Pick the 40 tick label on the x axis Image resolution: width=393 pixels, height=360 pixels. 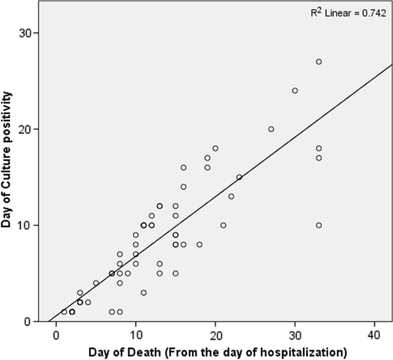pyautogui.click(x=375, y=332)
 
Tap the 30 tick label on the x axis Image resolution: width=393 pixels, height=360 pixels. pyautogui.click(x=295, y=332)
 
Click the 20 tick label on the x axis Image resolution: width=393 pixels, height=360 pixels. pyautogui.click(x=215, y=332)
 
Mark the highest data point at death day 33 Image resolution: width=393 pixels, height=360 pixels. pyautogui.click(x=318, y=62)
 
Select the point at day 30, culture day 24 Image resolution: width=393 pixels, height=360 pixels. pyautogui.click(x=295, y=91)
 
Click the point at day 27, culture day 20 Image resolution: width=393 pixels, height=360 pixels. pyautogui.click(x=271, y=129)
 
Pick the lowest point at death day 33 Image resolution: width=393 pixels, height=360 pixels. pyautogui.click(x=318, y=225)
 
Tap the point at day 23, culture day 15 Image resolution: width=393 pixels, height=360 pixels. pyautogui.click(x=239, y=177)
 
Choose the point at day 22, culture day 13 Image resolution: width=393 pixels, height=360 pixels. pyautogui.click(x=231, y=197)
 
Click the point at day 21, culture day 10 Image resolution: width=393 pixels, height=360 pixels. pyautogui.click(x=223, y=225)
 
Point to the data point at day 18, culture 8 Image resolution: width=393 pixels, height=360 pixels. pyautogui.click(x=199, y=244)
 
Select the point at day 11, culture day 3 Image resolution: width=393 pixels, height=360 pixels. pyautogui.click(x=143, y=292)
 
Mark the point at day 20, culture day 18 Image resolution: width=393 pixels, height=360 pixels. pyautogui.click(x=215, y=148)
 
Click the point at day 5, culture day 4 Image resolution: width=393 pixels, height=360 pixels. pyautogui.click(x=96, y=283)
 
